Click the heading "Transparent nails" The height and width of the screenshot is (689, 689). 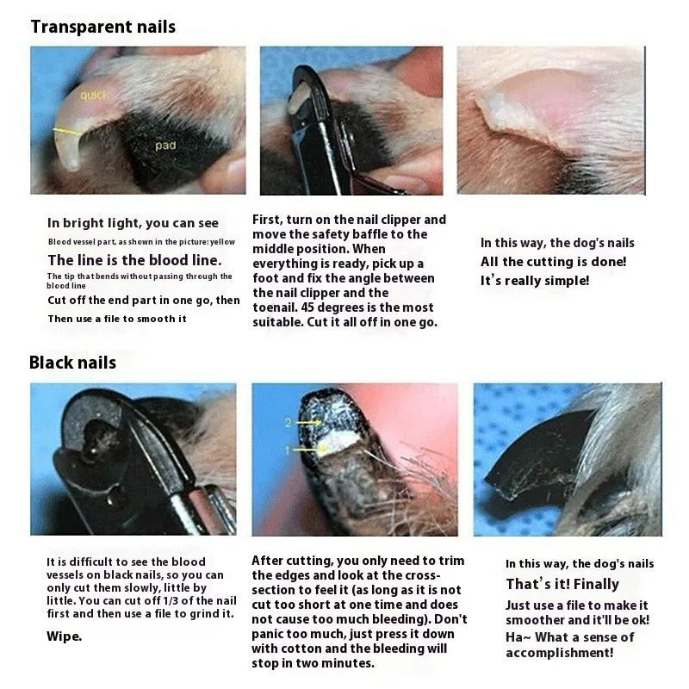click(x=103, y=27)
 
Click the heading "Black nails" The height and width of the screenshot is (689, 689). click(x=73, y=363)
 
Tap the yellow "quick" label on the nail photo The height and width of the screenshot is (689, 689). click(x=94, y=95)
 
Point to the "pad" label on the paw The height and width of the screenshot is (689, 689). click(x=165, y=145)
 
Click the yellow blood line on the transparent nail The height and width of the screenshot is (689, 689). click(x=67, y=131)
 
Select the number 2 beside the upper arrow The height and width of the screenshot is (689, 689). click(x=288, y=423)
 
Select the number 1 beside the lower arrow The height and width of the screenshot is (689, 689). click(x=288, y=450)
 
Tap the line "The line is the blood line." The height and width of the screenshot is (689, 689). click(x=135, y=261)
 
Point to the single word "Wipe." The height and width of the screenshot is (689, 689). click(x=64, y=636)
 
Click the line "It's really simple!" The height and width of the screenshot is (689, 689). click(x=535, y=281)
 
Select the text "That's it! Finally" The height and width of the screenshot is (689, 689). click(x=562, y=584)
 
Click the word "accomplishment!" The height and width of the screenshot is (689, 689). click(x=559, y=653)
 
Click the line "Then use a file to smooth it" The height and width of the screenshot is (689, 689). click(x=117, y=319)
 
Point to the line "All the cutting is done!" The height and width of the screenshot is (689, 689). click(x=553, y=262)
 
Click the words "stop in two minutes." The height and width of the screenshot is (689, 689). click(x=313, y=663)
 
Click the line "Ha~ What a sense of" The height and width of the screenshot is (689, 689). click(x=570, y=637)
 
